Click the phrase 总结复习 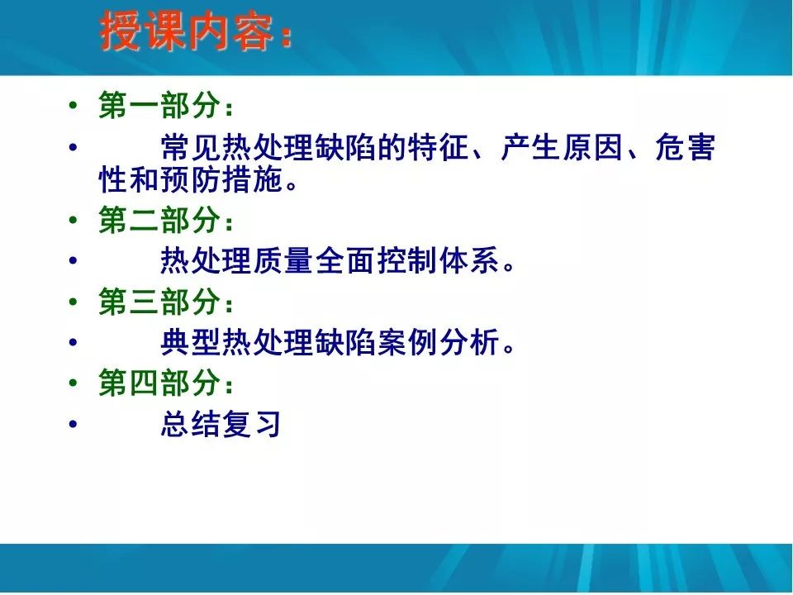(221, 424)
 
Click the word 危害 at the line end (685, 149)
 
